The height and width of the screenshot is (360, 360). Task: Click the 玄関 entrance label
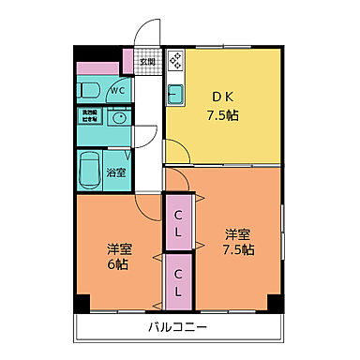[x=147, y=64]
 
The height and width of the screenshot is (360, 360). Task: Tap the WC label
[x=118, y=90]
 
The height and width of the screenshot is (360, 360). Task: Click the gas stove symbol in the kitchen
[x=175, y=63]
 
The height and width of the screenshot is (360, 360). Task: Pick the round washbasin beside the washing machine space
[x=117, y=120]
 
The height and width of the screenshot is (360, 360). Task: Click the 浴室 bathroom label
[x=116, y=172]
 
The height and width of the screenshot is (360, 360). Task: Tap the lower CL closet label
[x=178, y=279]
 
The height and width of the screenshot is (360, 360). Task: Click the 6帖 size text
[x=117, y=265]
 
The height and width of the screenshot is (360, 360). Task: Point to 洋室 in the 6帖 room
[x=117, y=249]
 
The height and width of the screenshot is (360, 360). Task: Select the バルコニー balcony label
[x=177, y=328]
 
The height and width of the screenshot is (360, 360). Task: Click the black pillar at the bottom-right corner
[x=274, y=304]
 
